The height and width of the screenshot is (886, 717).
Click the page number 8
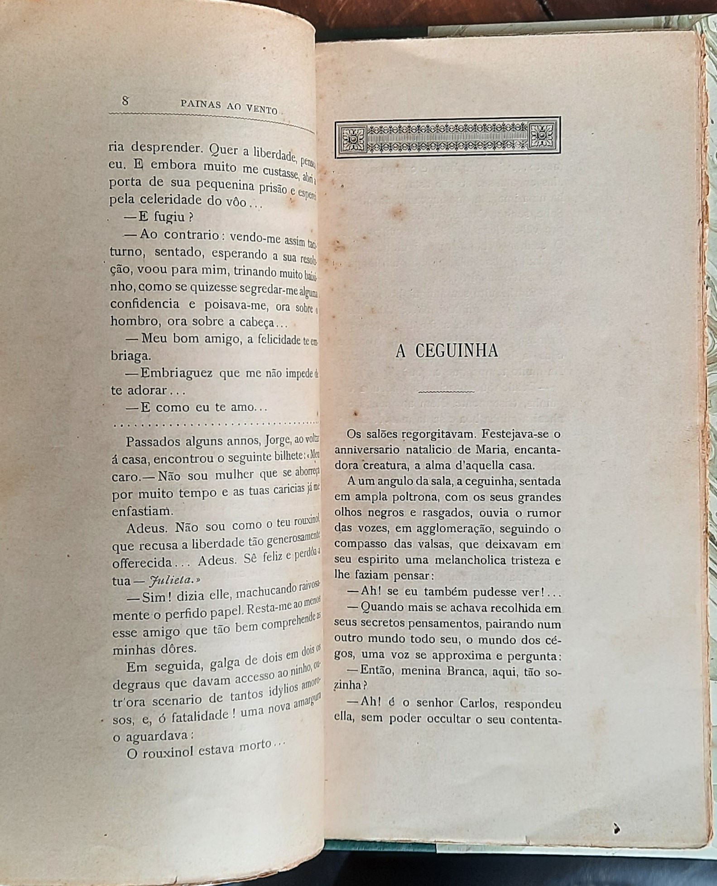coord(125,101)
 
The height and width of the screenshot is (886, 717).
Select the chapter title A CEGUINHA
coord(447,351)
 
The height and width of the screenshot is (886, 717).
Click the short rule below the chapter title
coord(446,391)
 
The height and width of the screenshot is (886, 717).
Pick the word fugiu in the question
coord(168,217)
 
